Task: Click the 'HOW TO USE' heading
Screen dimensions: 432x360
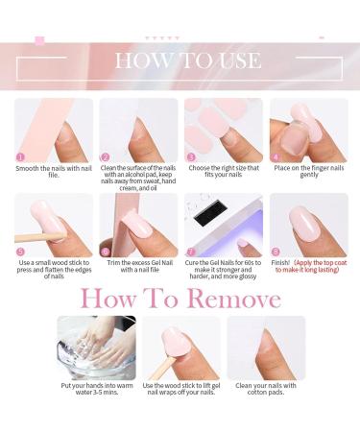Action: (x=187, y=60)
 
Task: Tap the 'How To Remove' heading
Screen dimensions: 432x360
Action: (x=180, y=299)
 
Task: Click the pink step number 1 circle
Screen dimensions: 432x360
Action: (x=20, y=156)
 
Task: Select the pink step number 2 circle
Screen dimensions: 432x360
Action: (x=106, y=156)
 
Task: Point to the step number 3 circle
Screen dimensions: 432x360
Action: (x=191, y=156)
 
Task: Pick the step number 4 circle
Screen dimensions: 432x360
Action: (x=276, y=156)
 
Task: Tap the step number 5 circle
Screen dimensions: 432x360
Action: (x=20, y=252)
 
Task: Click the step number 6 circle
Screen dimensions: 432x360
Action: (x=106, y=252)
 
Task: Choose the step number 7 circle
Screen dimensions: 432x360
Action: (x=191, y=252)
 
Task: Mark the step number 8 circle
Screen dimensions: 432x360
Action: (x=276, y=252)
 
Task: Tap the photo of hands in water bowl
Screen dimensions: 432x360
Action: (x=96, y=348)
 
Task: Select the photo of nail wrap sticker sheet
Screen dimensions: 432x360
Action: (x=223, y=130)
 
